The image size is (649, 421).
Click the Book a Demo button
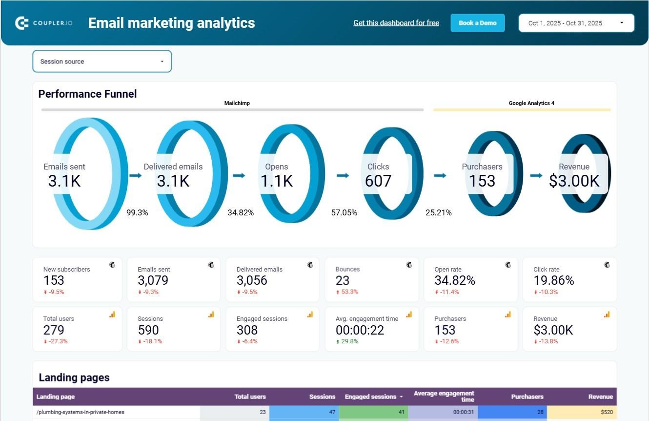tap(477, 23)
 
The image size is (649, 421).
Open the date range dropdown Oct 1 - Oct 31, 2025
tap(576, 23)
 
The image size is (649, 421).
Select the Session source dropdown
tap(102, 62)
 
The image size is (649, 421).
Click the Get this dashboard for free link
tap(396, 23)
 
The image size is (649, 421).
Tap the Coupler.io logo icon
tap(22, 23)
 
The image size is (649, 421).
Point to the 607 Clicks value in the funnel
tap(378, 181)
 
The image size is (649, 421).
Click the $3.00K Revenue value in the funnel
tap(574, 181)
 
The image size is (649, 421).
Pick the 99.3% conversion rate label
tap(137, 212)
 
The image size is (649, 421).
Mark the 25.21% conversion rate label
tap(438, 212)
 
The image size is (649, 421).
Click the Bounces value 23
tap(343, 280)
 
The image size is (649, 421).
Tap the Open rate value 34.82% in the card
tap(455, 280)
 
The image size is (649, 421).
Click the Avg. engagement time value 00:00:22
tap(360, 330)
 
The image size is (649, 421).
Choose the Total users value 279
tap(54, 330)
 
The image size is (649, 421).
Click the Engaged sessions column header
tap(370, 397)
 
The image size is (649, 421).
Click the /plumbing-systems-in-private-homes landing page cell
tap(81, 412)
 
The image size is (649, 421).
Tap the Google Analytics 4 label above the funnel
tap(531, 103)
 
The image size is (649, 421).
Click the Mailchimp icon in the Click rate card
tap(607, 265)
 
